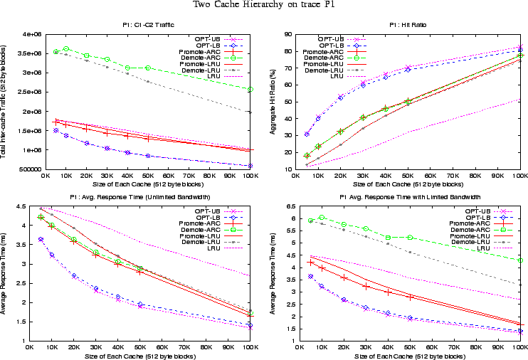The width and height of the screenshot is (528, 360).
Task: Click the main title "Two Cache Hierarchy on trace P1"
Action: coord(264,6)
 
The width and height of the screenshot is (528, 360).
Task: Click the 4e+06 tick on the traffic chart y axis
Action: coord(32,34)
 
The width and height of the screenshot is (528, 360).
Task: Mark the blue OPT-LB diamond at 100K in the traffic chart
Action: coord(249,166)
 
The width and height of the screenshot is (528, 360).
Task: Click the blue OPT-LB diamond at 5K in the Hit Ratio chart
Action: coord(307,134)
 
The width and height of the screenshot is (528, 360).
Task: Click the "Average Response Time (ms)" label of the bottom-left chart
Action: coord(7,274)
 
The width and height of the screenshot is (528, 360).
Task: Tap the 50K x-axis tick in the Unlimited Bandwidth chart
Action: coord(139,347)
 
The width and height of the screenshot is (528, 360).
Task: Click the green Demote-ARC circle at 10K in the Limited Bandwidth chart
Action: coord(322,217)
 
